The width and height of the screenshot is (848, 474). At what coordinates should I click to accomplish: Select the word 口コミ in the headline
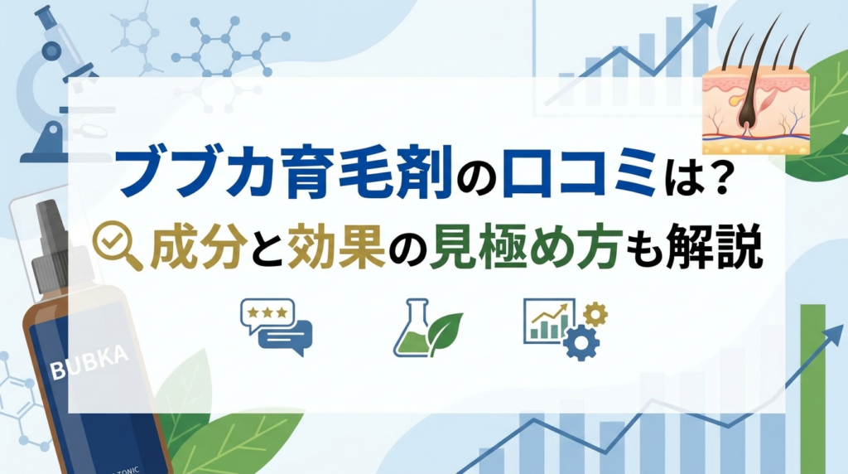pos(579,175)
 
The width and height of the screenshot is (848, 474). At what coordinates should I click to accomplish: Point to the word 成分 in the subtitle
pos(195,249)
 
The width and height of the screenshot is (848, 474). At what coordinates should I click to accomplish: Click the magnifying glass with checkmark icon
pos(117,246)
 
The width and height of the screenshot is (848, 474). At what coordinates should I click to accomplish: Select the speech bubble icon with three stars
pos(277,327)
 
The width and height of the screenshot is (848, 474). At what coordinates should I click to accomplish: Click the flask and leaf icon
pos(427,328)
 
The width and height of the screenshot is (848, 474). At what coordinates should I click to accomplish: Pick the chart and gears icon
pos(565,328)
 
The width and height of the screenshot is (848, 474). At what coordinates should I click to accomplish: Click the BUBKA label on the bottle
pos(89,361)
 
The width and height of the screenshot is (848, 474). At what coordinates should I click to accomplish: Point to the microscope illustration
pos(60,81)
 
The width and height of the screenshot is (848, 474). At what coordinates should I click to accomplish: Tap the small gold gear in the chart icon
pos(595,314)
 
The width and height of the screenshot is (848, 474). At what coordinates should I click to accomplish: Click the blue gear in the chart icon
pos(581,342)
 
